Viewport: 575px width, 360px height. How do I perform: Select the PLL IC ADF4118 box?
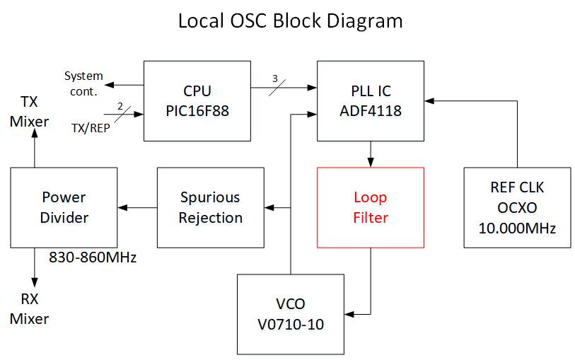pyautogui.click(x=370, y=100)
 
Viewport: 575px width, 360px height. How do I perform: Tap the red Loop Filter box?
pyautogui.click(x=370, y=207)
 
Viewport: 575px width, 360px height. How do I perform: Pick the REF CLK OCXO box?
pyautogui.click(x=517, y=207)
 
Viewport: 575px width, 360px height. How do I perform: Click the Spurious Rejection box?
pyautogui.click(x=209, y=207)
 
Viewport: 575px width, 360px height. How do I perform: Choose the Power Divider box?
pyautogui.click(x=64, y=207)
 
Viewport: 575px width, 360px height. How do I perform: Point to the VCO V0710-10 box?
pyautogui.click(x=290, y=313)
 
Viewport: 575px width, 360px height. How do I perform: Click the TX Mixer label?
pyautogui.click(x=29, y=111)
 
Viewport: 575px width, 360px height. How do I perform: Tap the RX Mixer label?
pyautogui.click(x=29, y=308)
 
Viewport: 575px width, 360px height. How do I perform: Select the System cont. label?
pyautogui.click(x=83, y=83)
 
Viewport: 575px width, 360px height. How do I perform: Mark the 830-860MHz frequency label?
pyautogui.click(x=92, y=258)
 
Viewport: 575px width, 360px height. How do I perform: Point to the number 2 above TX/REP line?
pyautogui.click(x=120, y=106)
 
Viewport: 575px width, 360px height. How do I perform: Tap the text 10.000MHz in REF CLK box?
pyautogui.click(x=517, y=228)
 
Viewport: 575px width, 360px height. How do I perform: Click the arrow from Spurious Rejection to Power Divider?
pyautogui.click(x=137, y=207)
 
